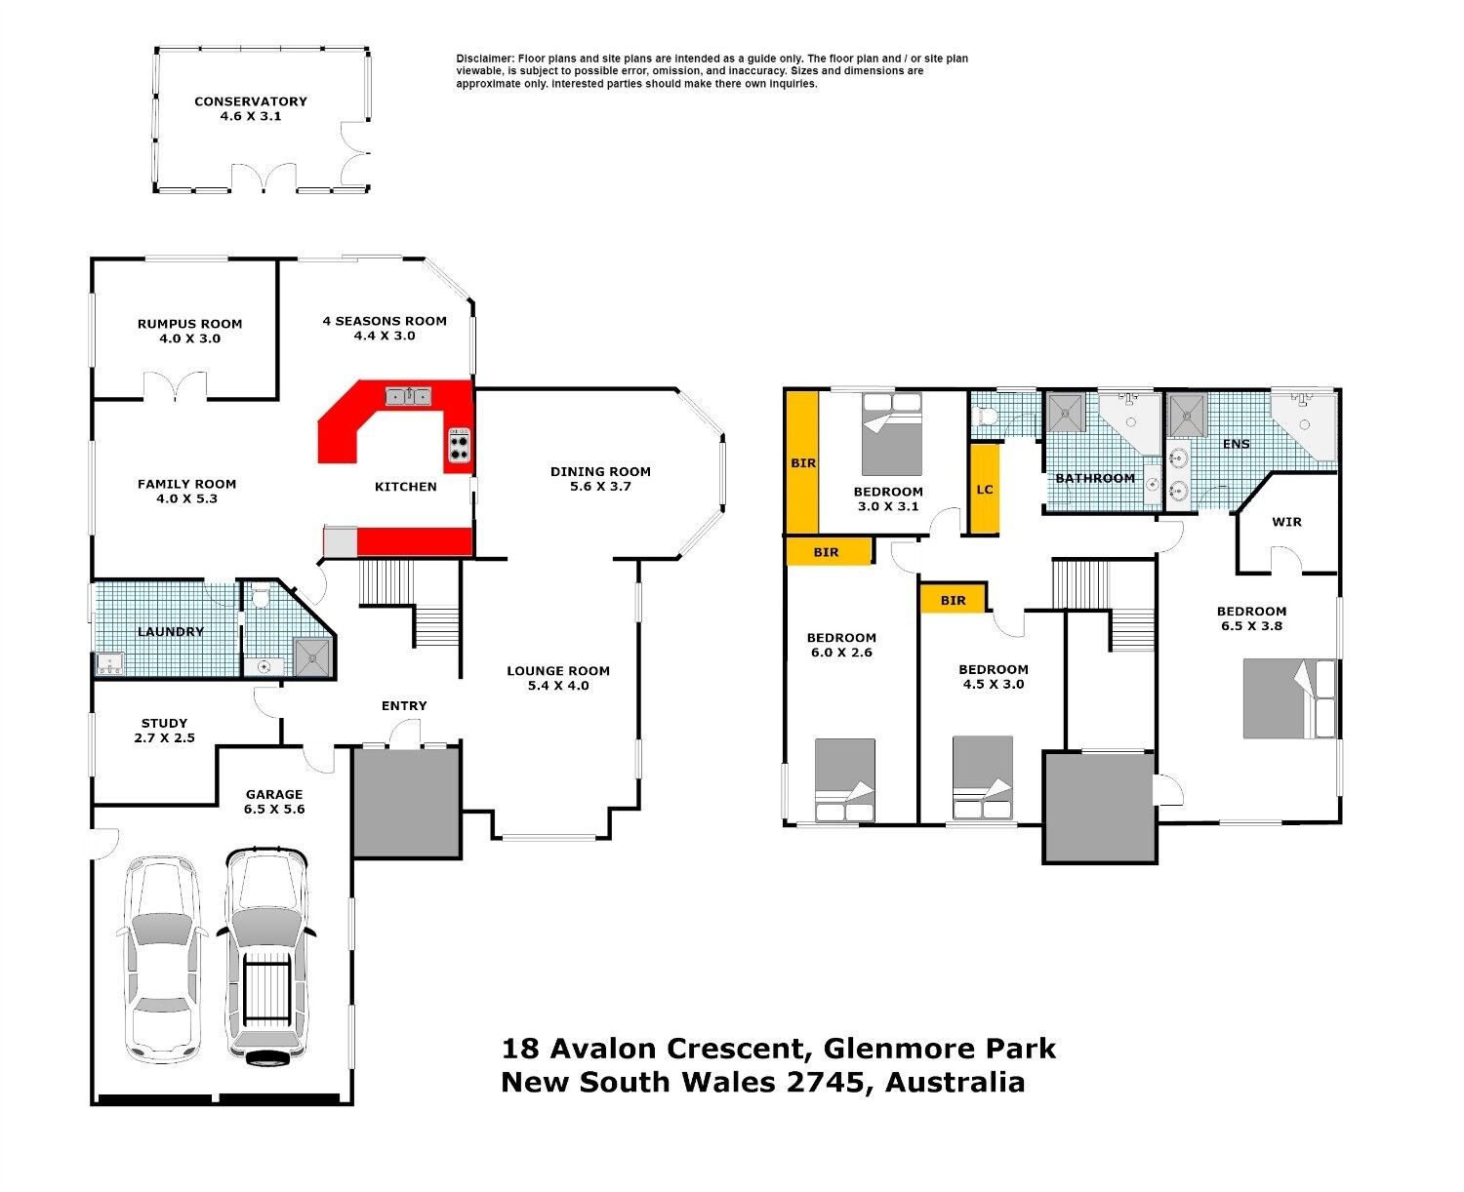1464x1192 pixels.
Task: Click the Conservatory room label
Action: [250, 101]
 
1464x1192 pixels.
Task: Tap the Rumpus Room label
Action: [189, 324]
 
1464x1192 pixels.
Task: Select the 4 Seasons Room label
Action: [385, 321]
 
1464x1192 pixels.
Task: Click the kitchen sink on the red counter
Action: [408, 396]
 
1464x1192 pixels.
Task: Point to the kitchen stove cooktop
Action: [460, 445]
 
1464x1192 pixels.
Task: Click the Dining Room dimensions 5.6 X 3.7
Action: [600, 487]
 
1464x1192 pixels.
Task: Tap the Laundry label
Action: [171, 631]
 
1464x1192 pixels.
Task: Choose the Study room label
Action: [164, 723]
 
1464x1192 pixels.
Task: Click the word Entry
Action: [404, 705]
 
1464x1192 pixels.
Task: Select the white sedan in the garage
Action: [162, 960]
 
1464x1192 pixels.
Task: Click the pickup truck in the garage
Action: [266, 957]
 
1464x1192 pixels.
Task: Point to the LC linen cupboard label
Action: [984, 489]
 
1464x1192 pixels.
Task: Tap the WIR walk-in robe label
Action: [1286, 522]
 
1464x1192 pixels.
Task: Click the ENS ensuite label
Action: [1236, 444]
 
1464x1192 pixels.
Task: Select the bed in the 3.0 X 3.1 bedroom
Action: [891, 433]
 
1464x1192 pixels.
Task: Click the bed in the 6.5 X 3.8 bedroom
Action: [1289, 698]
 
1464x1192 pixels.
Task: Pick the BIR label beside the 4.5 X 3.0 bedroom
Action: [953, 601]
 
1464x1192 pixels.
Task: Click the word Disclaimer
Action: [484, 59]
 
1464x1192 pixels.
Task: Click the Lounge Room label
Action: [558, 670]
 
